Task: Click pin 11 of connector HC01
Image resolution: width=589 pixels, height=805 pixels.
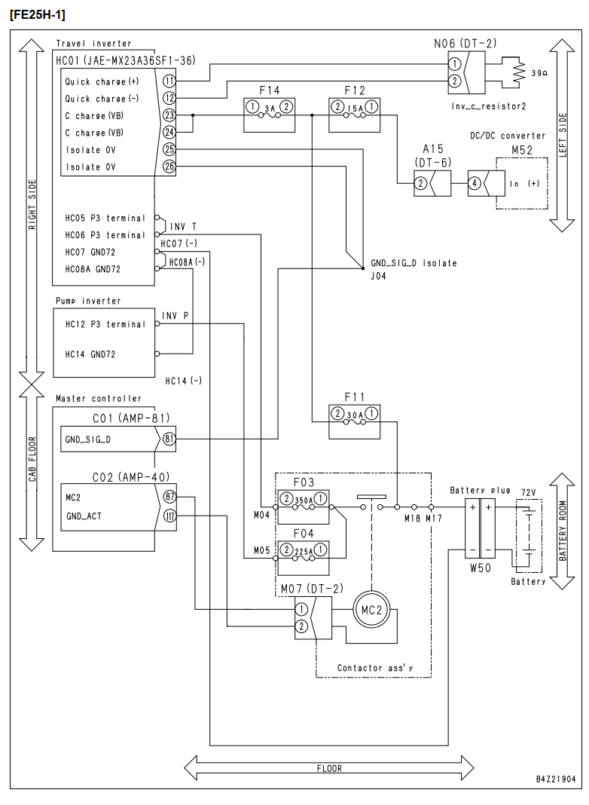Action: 169,81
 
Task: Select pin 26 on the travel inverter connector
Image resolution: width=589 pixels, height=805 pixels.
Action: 169,167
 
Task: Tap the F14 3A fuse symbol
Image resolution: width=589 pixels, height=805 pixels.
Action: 270,115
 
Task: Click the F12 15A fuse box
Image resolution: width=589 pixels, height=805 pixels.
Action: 355,115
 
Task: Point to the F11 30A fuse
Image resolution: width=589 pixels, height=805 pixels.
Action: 355,422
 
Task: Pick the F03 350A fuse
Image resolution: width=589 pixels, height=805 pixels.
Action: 304,507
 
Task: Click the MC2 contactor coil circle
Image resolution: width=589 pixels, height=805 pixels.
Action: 371,611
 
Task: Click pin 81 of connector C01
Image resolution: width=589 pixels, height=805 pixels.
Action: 169,439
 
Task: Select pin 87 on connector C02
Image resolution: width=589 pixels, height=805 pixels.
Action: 169,497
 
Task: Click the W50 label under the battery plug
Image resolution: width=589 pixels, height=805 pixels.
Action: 481,568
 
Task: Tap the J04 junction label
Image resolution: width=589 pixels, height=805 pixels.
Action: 379,276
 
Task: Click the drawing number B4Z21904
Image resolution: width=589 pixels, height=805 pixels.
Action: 556,779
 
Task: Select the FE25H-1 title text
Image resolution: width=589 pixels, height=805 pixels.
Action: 38,15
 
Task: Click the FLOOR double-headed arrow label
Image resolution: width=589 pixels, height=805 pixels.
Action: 329,769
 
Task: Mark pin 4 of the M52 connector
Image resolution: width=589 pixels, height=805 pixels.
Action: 475,183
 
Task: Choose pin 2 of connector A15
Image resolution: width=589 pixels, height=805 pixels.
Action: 421,183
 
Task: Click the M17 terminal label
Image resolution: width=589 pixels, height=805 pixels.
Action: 434,519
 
